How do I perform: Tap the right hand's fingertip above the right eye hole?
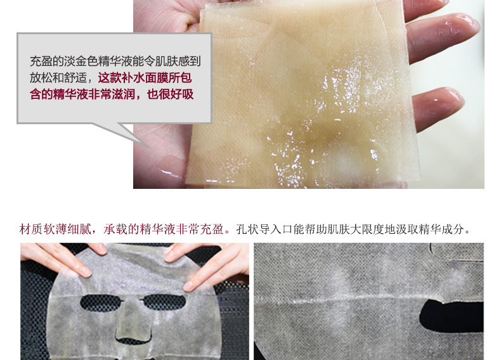click(190, 285)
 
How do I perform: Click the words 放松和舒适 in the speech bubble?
click(58, 77)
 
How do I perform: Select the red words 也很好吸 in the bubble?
click(171, 94)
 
